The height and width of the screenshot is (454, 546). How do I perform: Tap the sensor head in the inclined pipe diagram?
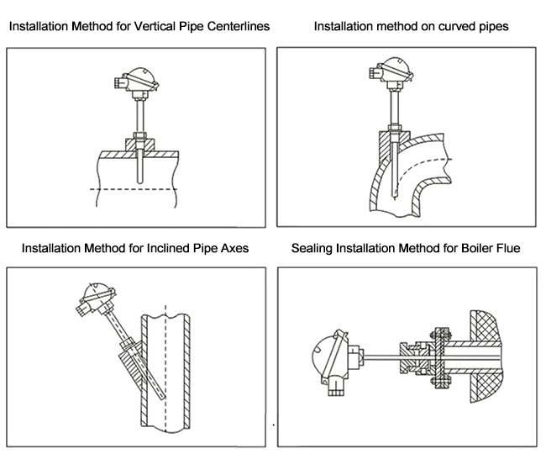tap(90, 299)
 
